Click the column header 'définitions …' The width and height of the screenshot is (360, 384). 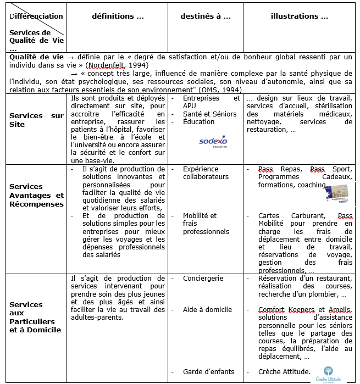coord(118,16)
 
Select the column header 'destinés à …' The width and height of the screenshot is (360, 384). coord(206,16)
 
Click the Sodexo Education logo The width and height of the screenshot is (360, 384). coord(213,142)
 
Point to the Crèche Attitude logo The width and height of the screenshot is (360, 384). coord(328,373)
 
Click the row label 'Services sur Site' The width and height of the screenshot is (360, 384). coord(36,120)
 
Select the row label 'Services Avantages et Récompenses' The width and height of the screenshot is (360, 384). coord(36,195)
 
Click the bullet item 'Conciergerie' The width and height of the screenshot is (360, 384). coord(203,279)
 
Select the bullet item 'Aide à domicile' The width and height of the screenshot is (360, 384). coord(207,310)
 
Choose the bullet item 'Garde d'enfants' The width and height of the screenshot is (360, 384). coord(208,372)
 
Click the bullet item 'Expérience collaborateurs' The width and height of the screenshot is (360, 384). coord(205,172)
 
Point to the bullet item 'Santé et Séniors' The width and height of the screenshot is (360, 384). coord(209,114)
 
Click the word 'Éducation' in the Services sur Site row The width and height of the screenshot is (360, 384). coord(199,122)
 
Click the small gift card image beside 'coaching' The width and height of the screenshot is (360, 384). coord(337,191)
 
